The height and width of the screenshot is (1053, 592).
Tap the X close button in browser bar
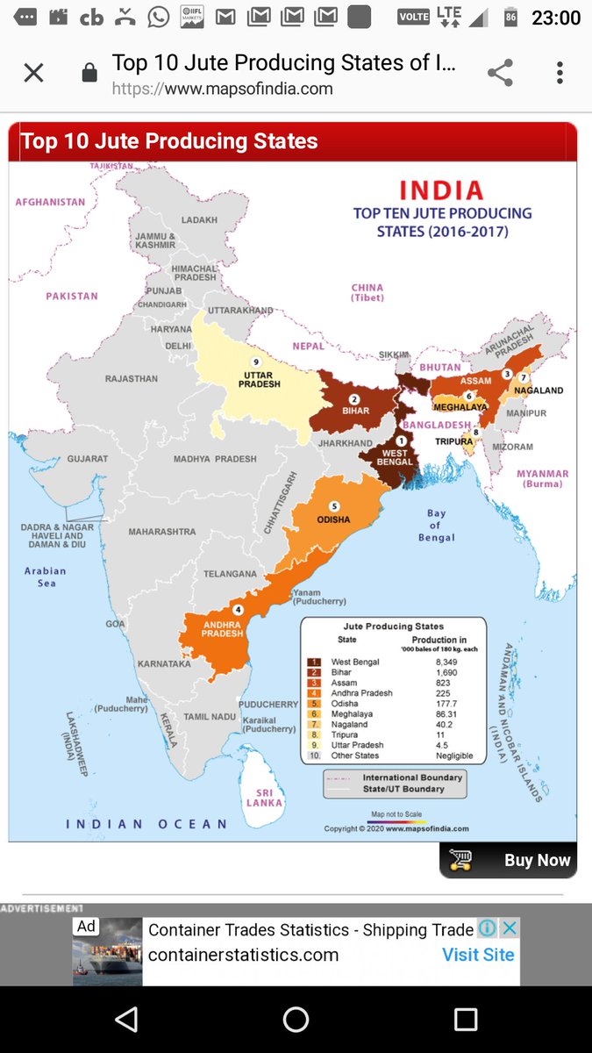tap(33, 73)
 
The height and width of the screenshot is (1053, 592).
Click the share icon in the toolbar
tap(500, 73)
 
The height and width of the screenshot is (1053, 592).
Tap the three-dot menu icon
tap(560, 73)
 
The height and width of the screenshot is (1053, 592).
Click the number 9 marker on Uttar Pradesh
tap(257, 362)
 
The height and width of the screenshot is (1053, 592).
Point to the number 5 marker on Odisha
tap(334, 506)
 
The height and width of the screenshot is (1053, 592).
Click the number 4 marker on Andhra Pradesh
tap(237, 610)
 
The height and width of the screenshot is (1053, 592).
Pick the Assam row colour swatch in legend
tap(314, 683)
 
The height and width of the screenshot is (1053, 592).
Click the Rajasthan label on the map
tap(132, 379)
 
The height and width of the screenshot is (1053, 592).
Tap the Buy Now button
tap(509, 860)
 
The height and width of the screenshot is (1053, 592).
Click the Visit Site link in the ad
tap(478, 955)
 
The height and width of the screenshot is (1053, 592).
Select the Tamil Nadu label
tap(210, 717)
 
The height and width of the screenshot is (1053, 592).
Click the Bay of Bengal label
tap(436, 525)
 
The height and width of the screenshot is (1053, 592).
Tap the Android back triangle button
tap(126, 1019)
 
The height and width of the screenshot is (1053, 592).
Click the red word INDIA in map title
tap(441, 190)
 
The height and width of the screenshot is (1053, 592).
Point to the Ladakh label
tap(199, 220)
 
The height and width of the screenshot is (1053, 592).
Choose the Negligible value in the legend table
tap(454, 756)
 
